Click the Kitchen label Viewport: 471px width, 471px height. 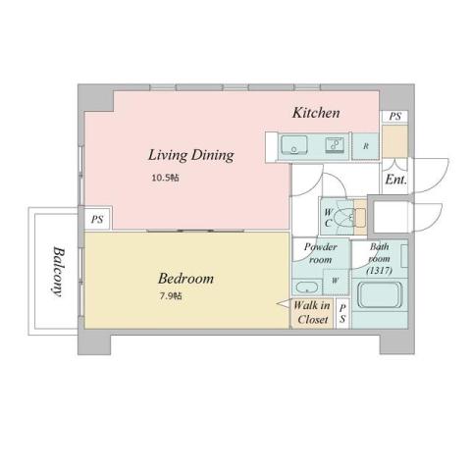tap(316, 114)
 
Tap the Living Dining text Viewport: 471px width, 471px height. tap(190, 155)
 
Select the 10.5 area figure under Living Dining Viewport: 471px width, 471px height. tap(164, 179)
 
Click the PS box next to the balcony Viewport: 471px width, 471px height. tap(97, 221)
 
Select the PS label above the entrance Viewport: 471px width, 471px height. tap(394, 117)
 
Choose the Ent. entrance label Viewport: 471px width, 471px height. tap(395, 181)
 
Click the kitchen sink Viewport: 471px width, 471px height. tap(295, 147)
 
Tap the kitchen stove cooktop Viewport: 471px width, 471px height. tap(334, 147)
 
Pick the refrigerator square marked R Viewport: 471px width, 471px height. tap(366, 147)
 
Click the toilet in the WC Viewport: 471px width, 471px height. tap(342, 216)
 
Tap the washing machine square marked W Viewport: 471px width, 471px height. tap(337, 282)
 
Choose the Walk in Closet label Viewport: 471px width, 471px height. tap(312, 313)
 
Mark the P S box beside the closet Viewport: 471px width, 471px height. tap(341, 314)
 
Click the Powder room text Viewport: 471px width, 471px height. tap(320, 254)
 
